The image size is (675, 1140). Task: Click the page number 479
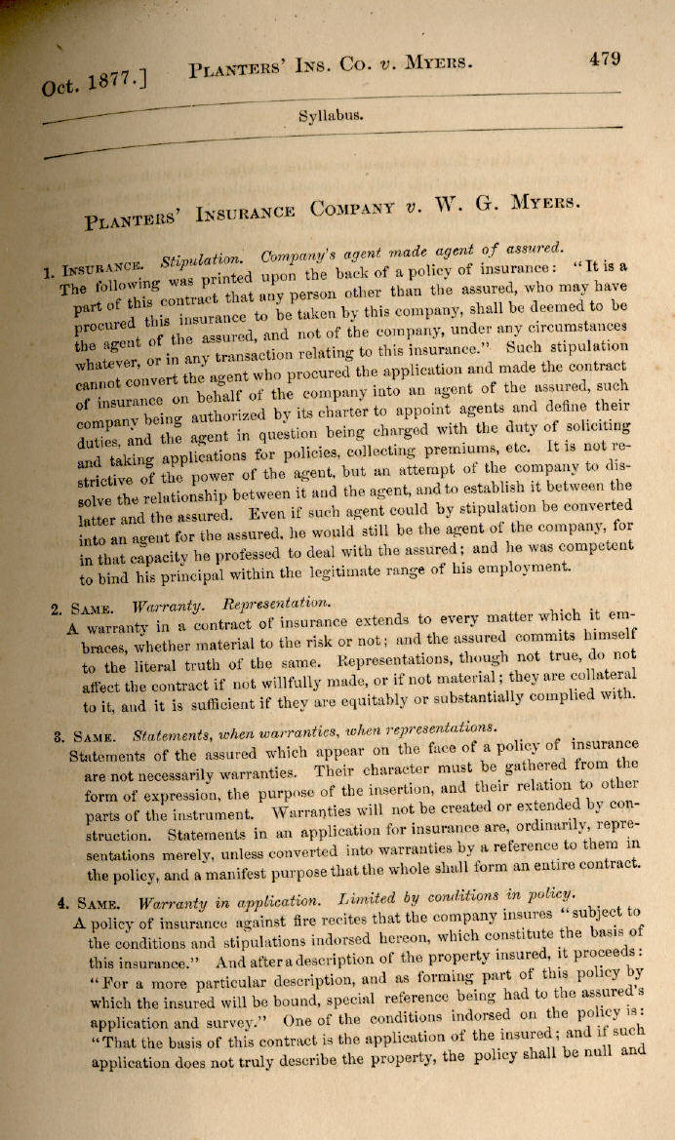coord(605,59)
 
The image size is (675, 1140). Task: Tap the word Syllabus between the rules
coord(332,114)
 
